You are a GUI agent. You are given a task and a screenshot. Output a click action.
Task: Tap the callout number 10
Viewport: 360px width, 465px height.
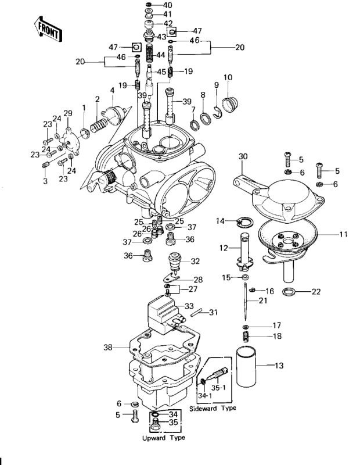(228, 78)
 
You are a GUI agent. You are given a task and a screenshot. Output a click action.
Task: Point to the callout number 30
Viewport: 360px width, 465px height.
(243, 156)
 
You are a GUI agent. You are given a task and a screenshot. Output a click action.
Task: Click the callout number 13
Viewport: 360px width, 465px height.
(279, 366)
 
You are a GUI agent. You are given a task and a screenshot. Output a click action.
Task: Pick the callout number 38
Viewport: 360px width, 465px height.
(107, 348)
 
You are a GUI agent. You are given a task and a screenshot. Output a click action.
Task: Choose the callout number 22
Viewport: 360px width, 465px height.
(316, 292)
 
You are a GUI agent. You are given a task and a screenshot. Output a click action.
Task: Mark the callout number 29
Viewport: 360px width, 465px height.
(68, 113)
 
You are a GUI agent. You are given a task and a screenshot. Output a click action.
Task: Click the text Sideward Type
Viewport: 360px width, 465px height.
(214, 409)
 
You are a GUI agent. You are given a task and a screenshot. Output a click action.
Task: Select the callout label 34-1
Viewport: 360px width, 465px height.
(204, 396)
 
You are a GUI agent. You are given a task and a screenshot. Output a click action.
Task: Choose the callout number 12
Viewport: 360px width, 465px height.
(224, 248)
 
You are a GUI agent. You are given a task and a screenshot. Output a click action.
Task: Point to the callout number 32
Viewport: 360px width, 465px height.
(196, 261)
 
